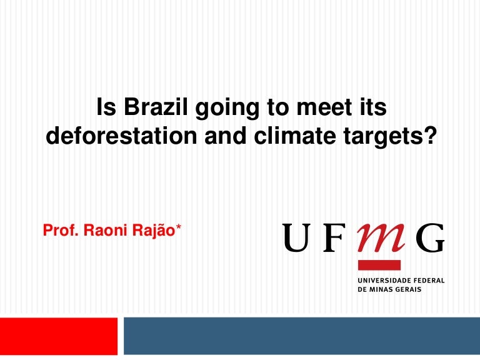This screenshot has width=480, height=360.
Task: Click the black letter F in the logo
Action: (332, 237)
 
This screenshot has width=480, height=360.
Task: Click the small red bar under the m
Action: (379, 265)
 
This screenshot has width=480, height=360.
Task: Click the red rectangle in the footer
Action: (59, 336)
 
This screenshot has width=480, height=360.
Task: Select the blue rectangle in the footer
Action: (301, 336)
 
